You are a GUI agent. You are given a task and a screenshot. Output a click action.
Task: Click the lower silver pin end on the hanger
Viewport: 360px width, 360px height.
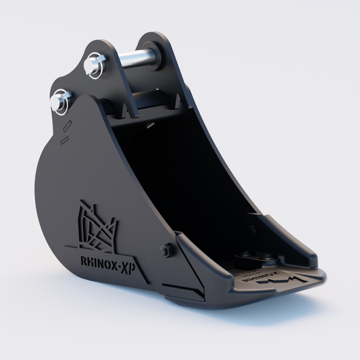[59, 101]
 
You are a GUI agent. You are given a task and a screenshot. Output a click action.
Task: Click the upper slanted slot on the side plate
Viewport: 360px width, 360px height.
[68, 126]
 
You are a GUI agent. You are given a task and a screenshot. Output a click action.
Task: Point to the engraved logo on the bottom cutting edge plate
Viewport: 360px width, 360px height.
[270, 278]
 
